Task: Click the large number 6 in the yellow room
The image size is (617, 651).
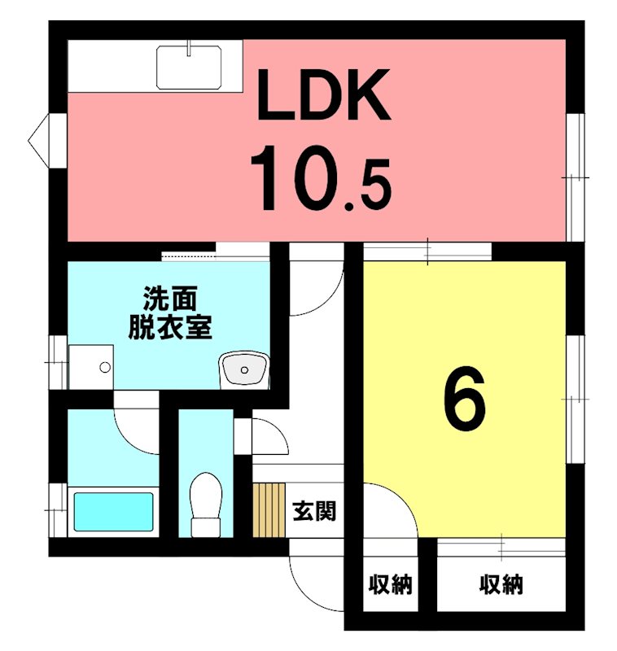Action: click(x=465, y=400)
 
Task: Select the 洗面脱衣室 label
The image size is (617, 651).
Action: click(x=169, y=312)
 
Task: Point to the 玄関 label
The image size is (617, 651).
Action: click(x=314, y=512)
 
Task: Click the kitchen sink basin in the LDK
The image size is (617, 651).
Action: click(x=189, y=66)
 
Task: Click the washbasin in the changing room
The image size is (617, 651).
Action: click(x=243, y=371)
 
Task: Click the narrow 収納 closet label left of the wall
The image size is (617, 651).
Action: click(x=391, y=584)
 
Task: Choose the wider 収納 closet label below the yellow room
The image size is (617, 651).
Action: click(x=501, y=584)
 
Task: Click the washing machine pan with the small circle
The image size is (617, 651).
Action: click(x=90, y=367)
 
